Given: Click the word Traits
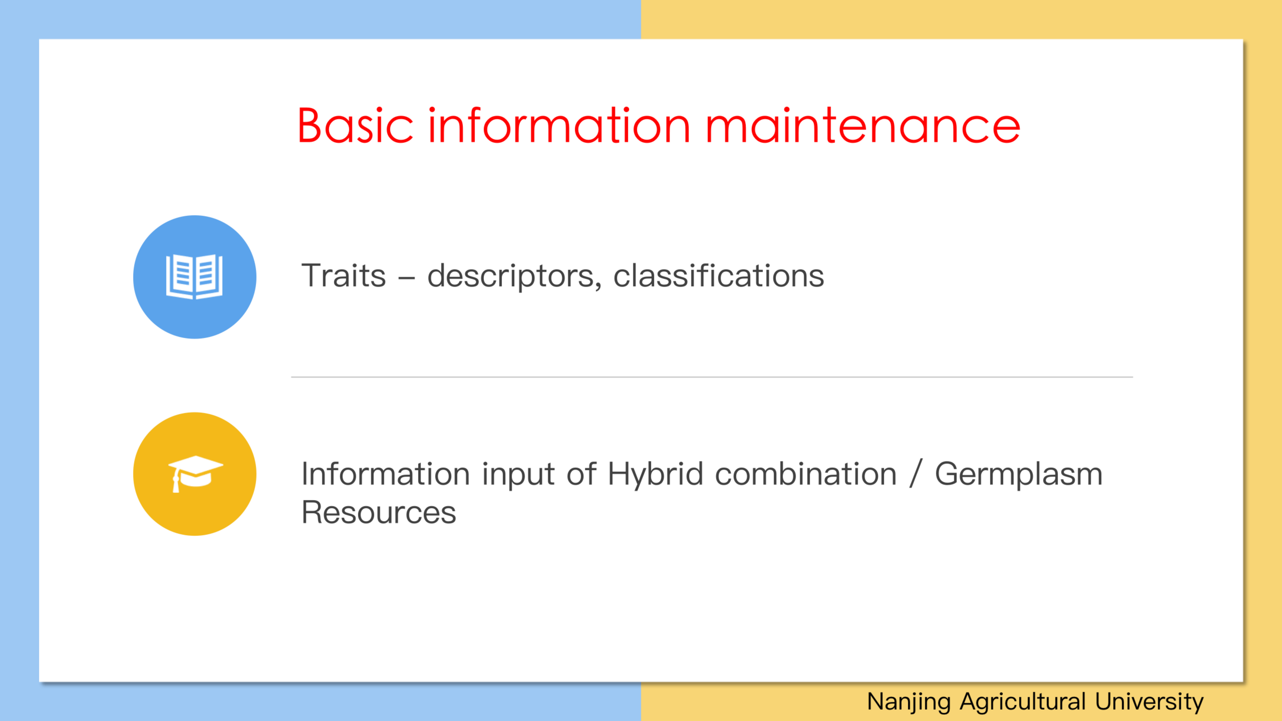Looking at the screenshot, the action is tap(343, 276).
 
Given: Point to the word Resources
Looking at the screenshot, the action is tap(379, 513).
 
